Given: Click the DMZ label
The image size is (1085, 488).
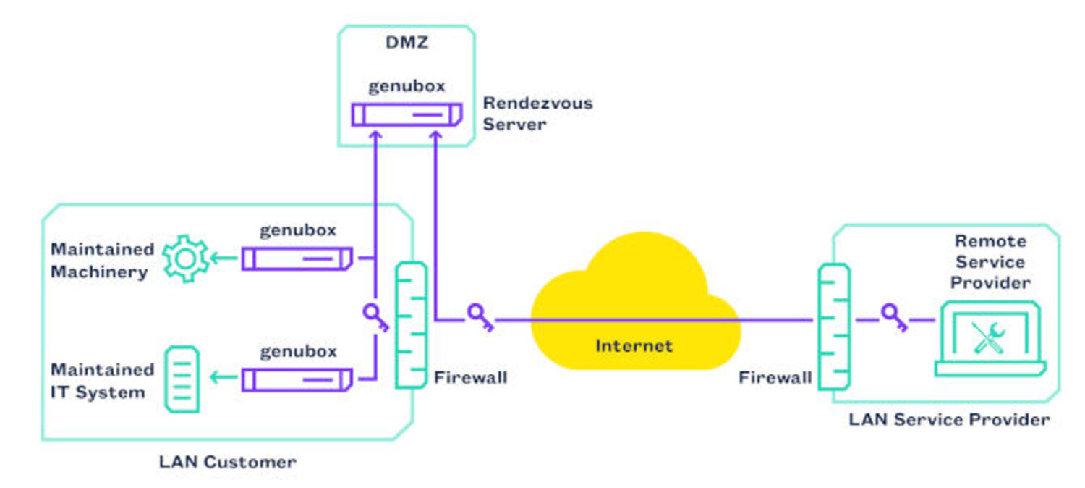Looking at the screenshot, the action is (407, 43).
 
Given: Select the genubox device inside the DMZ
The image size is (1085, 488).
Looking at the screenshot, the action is (407, 115).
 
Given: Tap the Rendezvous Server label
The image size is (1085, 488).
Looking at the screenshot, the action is (537, 114).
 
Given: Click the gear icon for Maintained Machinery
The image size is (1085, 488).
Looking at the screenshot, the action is (186, 258).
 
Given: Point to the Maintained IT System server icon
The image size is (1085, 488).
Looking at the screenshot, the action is (182, 379).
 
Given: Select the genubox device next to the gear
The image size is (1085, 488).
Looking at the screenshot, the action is (297, 258).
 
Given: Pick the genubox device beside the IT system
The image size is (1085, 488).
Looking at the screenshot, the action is (297, 379).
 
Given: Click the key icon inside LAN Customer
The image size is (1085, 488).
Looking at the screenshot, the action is (376, 317).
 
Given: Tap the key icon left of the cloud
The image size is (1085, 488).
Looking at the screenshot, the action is (480, 317).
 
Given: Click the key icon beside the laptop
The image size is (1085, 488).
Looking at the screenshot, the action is (894, 317).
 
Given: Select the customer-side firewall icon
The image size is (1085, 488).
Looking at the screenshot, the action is (412, 325).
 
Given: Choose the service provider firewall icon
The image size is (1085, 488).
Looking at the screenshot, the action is (834, 327).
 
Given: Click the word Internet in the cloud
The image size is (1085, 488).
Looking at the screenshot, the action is (634, 346).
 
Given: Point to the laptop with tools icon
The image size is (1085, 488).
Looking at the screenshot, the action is (990, 339).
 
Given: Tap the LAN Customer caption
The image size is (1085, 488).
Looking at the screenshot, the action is (228, 462).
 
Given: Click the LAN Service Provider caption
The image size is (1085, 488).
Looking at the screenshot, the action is (949, 420).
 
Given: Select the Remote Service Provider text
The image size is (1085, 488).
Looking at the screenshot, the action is (990, 261).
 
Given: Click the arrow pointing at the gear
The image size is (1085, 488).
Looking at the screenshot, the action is (224, 258).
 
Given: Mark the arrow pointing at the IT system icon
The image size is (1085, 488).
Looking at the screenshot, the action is (224, 377).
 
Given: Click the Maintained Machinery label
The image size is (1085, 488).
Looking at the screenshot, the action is (103, 261).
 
